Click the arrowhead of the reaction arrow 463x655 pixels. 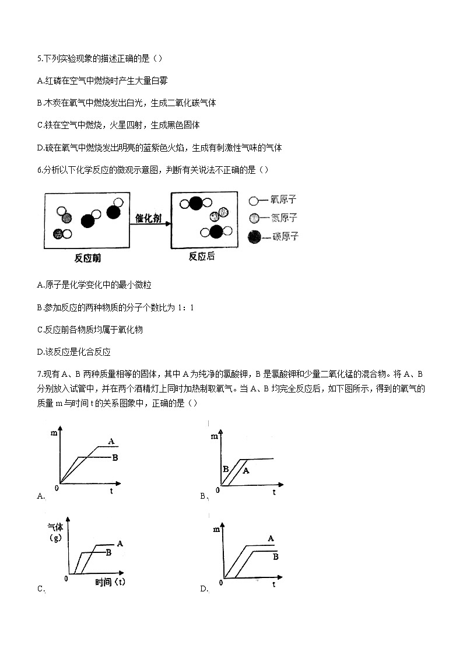click(x=167, y=223)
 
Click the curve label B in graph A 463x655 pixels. click(x=115, y=458)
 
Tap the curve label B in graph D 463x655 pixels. click(x=275, y=556)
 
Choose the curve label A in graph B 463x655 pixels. click(x=245, y=470)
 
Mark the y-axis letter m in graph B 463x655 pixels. click(x=215, y=436)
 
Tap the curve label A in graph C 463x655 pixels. click(x=120, y=543)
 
